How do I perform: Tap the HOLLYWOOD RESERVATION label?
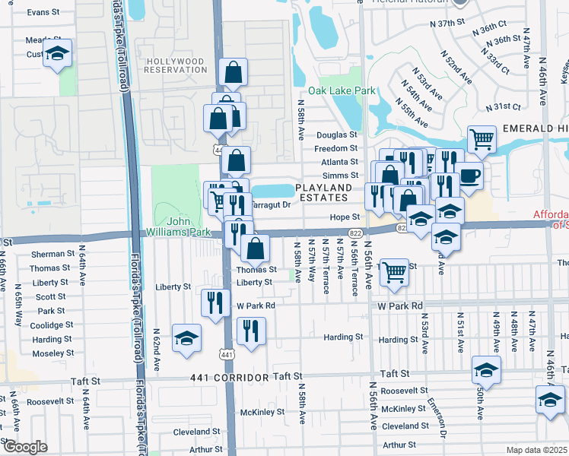tap(176, 65)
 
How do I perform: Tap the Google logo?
tap(25, 448)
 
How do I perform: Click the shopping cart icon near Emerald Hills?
tap(482, 139)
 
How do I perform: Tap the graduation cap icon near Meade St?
tap(57, 53)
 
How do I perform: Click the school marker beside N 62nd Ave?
tap(186, 338)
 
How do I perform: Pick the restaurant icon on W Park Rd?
tap(215, 302)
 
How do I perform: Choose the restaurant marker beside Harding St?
tap(250, 331)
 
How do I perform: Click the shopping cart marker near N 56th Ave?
tap(394, 271)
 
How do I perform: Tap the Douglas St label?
tap(336, 134)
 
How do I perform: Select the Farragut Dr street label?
tap(271, 204)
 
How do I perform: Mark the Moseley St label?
tap(52, 354)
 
